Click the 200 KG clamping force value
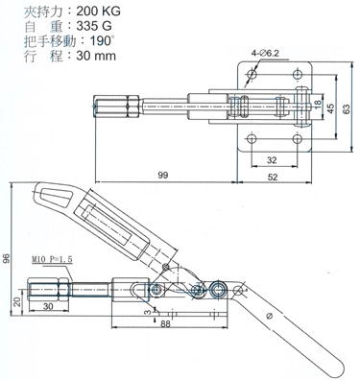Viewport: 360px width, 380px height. [99, 12]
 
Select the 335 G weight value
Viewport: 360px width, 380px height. [94, 26]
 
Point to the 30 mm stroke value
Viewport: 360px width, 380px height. [96, 56]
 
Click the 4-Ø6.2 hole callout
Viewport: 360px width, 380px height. [265, 54]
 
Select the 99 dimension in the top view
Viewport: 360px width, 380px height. [163, 175]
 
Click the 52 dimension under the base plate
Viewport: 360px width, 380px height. [273, 177]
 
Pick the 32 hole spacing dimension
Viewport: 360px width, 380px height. [272, 159]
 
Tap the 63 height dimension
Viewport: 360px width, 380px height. [346, 108]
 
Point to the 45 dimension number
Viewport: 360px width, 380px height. [330, 108]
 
